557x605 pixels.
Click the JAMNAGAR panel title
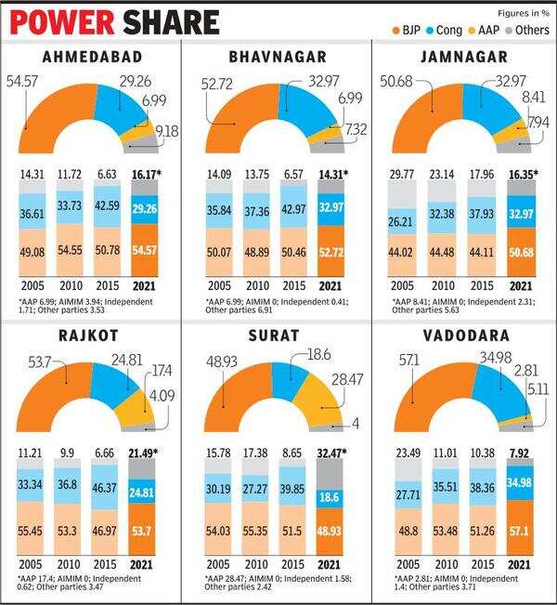[463, 56]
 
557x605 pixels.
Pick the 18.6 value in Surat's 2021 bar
[333, 497]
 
